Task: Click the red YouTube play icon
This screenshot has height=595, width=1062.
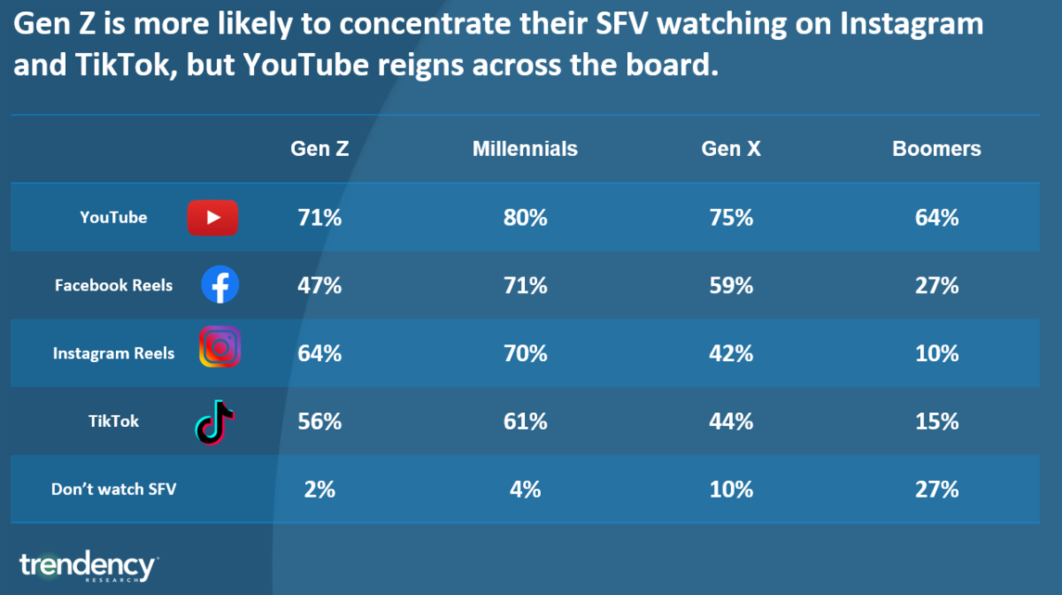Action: [212, 218]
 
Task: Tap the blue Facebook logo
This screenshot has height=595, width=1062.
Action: [219, 285]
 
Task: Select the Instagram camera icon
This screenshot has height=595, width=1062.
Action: [219, 347]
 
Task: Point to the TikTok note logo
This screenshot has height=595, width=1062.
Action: [214, 421]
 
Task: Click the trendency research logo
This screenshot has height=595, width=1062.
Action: [88, 566]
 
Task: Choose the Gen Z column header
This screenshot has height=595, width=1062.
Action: [319, 149]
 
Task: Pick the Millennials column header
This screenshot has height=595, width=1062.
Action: [525, 149]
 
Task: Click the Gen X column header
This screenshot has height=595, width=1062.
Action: [730, 149]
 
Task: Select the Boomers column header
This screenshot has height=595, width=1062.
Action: [936, 149]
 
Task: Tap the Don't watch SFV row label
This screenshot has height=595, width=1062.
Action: [113, 489]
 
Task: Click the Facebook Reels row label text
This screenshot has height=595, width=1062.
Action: [113, 285]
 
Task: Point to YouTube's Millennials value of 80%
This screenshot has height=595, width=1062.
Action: [525, 218]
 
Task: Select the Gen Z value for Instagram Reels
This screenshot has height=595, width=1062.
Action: [319, 353]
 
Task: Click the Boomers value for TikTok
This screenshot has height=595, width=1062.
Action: [936, 421]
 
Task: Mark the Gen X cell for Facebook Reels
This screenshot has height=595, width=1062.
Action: [730, 285]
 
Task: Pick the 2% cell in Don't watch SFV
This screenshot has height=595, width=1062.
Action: [319, 489]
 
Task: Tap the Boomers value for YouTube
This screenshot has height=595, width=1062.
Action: [936, 218]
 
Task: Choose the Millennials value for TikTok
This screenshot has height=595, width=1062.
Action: [525, 421]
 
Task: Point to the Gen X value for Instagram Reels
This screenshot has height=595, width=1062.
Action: [730, 353]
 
